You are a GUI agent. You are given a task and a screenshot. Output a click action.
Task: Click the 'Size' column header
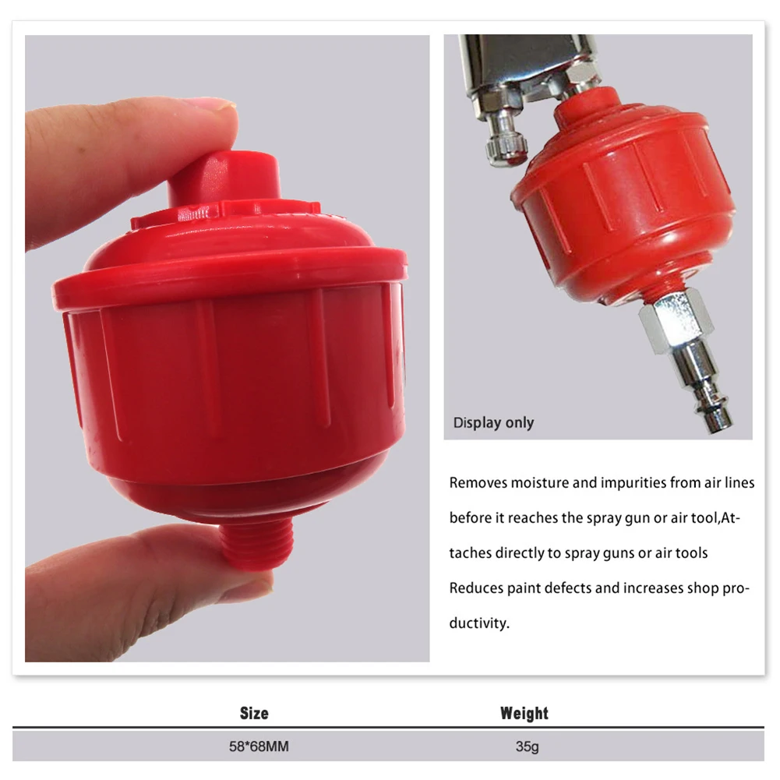pos(254,713)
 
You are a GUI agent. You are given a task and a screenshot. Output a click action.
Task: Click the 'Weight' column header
pos(524,713)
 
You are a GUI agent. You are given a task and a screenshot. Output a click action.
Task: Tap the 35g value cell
pos(527,746)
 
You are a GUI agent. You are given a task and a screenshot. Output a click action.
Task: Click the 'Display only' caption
pos(493,423)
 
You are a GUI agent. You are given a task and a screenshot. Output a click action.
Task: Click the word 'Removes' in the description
pos(478,483)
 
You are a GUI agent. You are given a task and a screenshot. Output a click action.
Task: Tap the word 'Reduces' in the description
pos(475,588)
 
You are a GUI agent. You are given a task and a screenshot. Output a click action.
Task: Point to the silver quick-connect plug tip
pos(717,417)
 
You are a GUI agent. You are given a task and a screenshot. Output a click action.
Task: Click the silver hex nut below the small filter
pos(676,318)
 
